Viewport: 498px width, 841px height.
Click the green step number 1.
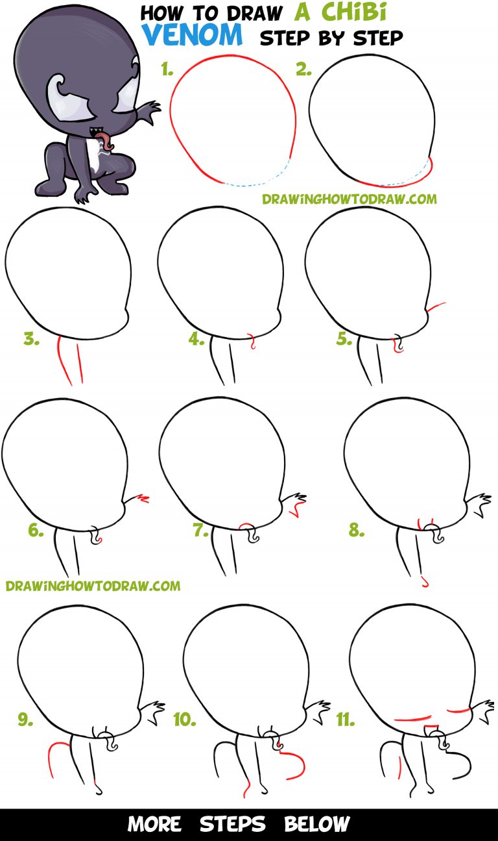tap(167, 69)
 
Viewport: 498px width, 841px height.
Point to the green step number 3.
tap(31, 339)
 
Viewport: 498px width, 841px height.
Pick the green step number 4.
tap(196, 339)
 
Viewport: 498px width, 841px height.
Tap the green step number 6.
tap(36, 530)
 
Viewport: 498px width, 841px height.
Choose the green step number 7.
tap(200, 530)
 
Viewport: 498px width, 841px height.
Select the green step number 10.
tap(184, 719)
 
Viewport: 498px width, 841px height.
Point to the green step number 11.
tap(346, 719)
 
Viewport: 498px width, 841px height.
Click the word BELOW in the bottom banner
tap(317, 824)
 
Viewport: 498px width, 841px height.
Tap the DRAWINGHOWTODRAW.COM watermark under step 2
tap(350, 199)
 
